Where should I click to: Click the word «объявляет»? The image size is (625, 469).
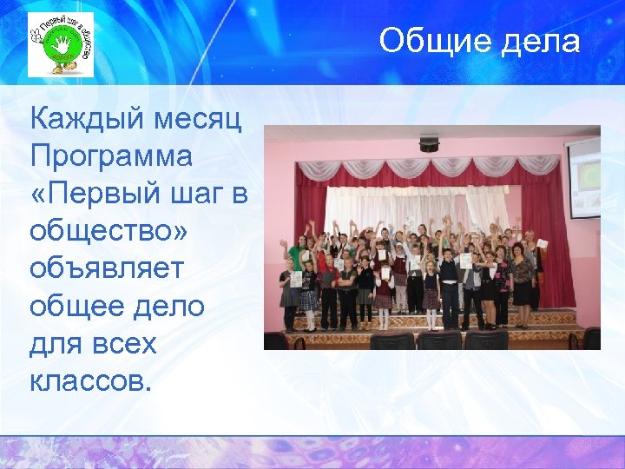[x=107, y=268]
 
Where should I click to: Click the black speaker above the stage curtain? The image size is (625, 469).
[x=430, y=142]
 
